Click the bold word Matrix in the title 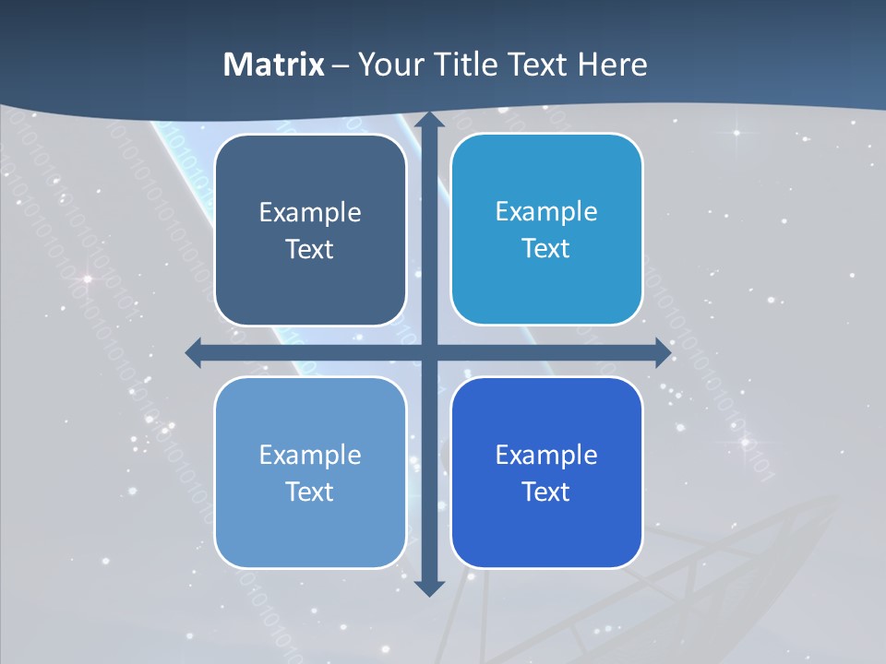pyautogui.click(x=273, y=65)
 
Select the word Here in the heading pyautogui.click(x=612, y=65)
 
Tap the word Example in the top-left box pyautogui.click(x=310, y=213)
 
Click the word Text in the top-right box pyautogui.click(x=546, y=249)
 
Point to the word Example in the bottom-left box pyautogui.click(x=310, y=456)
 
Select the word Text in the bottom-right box pyautogui.click(x=546, y=492)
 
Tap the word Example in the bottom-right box pyautogui.click(x=546, y=456)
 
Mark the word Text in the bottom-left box pyautogui.click(x=310, y=492)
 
